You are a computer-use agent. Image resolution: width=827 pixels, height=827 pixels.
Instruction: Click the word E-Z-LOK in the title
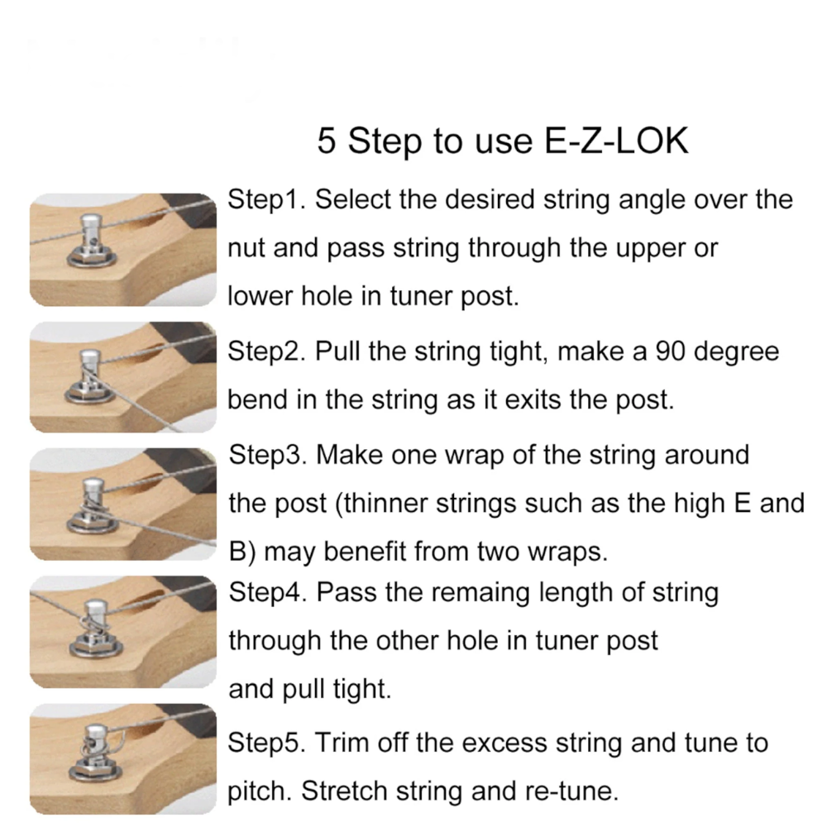(615, 141)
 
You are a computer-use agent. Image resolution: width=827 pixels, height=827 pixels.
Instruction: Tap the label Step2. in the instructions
(266, 351)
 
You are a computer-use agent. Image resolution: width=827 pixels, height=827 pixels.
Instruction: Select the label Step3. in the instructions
(267, 455)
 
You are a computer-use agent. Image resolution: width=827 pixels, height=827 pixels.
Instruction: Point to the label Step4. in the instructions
(267, 592)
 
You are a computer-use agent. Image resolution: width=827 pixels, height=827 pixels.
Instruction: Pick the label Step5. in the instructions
(266, 743)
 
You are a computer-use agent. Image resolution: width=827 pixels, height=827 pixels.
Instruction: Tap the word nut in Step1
(246, 248)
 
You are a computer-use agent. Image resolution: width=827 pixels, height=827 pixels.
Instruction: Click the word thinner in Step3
(386, 503)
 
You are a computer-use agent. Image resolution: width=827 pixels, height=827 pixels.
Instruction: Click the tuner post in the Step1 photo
(91, 235)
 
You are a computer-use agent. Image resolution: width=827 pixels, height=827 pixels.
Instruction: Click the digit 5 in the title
(326, 141)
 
